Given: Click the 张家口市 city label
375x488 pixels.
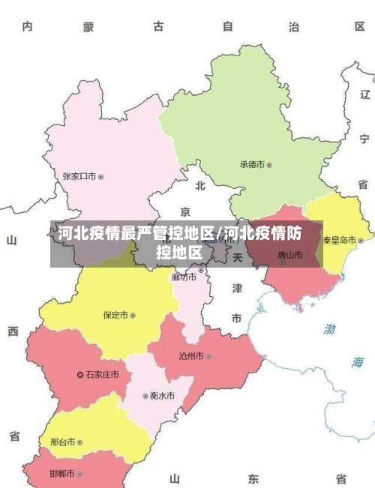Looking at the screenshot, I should coord(79,177).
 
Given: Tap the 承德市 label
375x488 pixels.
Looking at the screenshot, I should coord(253,164).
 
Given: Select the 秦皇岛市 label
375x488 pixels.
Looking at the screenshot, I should coord(340,240).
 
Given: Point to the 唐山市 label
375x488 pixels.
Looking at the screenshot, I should coord(289,255).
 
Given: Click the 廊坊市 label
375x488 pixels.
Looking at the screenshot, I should coord(184,277).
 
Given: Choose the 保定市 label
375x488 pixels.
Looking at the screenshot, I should coord(115,316).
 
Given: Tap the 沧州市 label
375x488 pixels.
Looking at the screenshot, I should coord(190,356).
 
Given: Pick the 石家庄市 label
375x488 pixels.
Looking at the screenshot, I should coord(103,374).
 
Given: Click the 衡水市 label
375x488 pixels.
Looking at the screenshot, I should coord(162,395).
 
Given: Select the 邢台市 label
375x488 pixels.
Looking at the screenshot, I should coord(62,442).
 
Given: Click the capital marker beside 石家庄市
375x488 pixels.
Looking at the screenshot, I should coord(81,374).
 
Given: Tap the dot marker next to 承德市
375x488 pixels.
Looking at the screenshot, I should coord(269,164).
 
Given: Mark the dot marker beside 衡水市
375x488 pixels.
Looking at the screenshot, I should coord(145,396).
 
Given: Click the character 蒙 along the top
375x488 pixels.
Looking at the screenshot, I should coord(88,27).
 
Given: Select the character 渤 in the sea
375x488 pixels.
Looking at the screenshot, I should coord(330,328).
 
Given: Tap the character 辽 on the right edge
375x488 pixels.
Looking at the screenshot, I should coord(364,95).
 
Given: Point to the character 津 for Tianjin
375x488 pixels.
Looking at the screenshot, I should coord(236,288).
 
